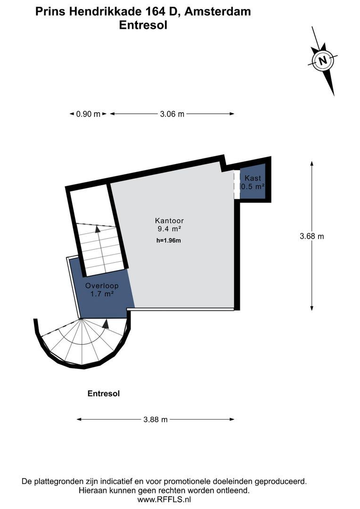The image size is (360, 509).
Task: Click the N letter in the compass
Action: (x=322, y=61)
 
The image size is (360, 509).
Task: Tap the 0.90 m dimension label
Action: (x=88, y=114)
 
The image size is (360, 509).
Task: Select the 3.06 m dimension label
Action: (x=172, y=114)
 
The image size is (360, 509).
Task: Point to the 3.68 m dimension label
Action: (x=311, y=236)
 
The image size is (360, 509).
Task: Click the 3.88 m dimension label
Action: (x=155, y=419)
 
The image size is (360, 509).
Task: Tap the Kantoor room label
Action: (x=169, y=221)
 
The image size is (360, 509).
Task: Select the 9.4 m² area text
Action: (x=169, y=229)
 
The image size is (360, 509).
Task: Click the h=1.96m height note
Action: (x=169, y=240)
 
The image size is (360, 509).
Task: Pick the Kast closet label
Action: (x=253, y=178)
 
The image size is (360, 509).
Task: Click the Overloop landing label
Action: (x=102, y=286)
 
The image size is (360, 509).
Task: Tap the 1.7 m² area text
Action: (x=102, y=294)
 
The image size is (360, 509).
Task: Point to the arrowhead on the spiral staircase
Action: (x=105, y=324)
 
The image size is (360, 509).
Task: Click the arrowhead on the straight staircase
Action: (x=98, y=229)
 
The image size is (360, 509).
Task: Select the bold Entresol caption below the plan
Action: (x=104, y=394)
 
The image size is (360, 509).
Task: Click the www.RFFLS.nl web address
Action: (x=164, y=499)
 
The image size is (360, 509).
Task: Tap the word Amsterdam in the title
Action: (x=219, y=12)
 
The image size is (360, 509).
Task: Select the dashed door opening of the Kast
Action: (x=237, y=184)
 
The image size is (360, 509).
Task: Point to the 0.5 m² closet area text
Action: (x=253, y=187)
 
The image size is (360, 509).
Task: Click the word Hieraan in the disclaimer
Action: (x=91, y=490)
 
